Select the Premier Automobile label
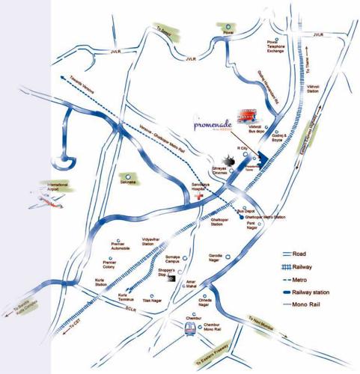(120, 247)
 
